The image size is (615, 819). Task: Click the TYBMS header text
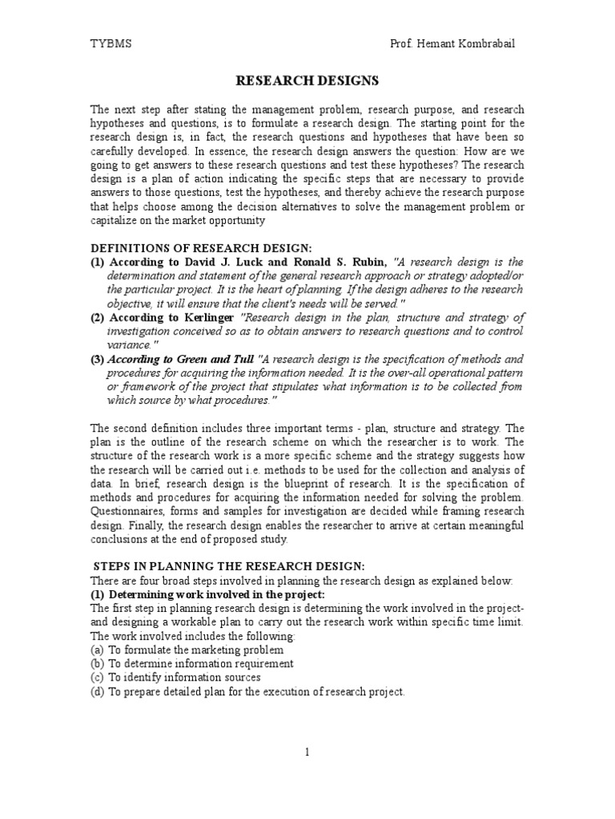point(111,44)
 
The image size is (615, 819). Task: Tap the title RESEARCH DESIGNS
point(307,81)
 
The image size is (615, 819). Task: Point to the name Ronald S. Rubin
point(346,262)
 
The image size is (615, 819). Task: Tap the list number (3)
point(97,358)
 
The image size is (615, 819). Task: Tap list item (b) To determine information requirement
point(191,663)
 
